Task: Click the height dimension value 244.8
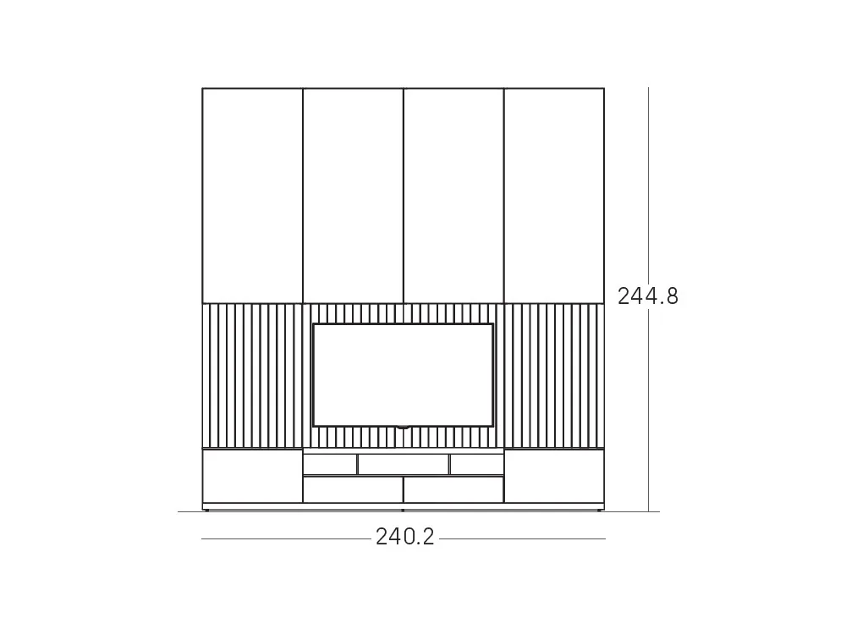[x=647, y=296]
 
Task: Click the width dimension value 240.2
[x=404, y=538]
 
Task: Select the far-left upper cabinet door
[x=252, y=195]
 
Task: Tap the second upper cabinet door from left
[x=353, y=195]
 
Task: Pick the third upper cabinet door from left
[x=453, y=195]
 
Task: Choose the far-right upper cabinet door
[x=554, y=195]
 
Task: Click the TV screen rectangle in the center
[x=403, y=375]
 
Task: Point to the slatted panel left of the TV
[x=252, y=375]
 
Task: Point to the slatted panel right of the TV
[x=554, y=375]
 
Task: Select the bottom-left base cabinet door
[x=252, y=476]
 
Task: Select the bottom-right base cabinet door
[x=554, y=476]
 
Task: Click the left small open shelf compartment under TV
[x=330, y=465]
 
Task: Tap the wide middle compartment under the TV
[x=403, y=465]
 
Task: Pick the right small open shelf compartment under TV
[x=476, y=465]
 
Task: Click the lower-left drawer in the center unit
[x=353, y=489]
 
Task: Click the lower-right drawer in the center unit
[x=453, y=489]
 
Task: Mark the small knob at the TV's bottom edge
[x=403, y=428]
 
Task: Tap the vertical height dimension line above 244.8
[x=649, y=186]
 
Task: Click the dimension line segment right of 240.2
[x=522, y=538]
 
